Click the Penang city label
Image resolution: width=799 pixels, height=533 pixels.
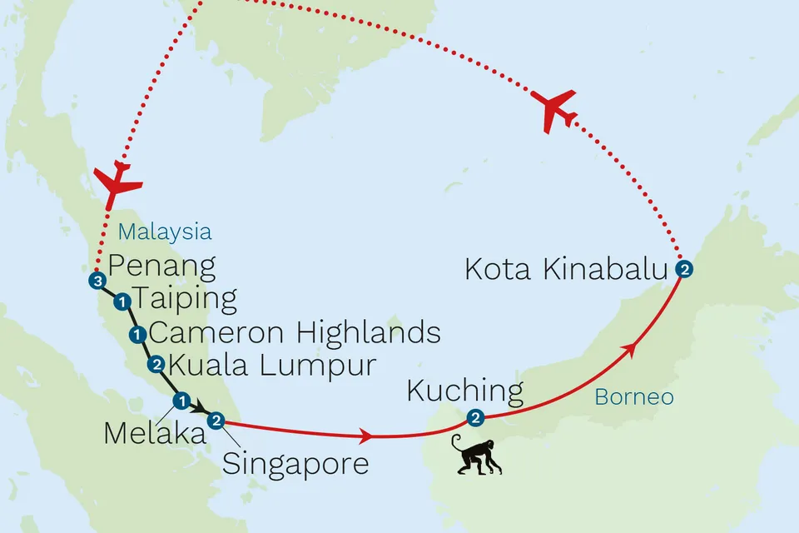click(162, 267)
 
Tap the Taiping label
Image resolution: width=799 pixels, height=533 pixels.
click(186, 299)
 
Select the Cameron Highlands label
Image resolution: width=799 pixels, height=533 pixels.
click(294, 333)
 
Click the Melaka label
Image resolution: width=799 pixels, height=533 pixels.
click(142, 432)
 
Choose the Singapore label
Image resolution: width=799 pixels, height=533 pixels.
click(295, 463)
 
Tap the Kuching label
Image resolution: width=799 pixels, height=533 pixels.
click(465, 390)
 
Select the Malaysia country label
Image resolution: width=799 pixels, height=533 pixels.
click(164, 232)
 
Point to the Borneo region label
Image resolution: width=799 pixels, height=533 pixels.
click(633, 398)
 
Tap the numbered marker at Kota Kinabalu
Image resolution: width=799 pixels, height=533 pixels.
click(683, 269)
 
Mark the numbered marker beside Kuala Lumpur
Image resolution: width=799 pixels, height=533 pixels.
click(155, 365)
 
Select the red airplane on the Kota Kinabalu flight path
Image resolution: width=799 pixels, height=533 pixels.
click(553, 107)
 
